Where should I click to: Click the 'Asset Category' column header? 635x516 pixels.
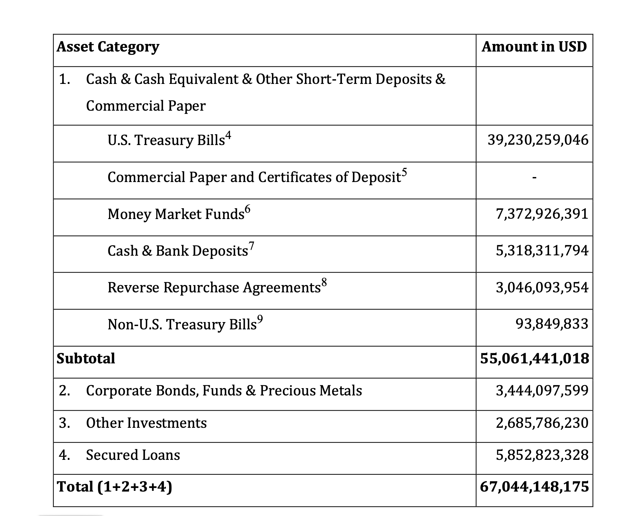pos(108,47)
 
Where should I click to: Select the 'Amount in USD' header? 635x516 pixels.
pos(534,47)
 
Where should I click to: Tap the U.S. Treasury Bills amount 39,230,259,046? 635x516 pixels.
pos(538,140)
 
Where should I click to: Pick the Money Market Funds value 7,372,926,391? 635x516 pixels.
pos(542,214)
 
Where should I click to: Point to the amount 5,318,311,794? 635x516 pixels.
pos(542,251)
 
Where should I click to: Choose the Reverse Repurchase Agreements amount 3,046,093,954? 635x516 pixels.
pos(542,287)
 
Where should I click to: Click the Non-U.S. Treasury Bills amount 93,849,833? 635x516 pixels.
pos(552,324)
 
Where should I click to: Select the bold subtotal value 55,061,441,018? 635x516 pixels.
pos(534,359)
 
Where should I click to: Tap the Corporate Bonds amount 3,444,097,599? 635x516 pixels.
pos(542,391)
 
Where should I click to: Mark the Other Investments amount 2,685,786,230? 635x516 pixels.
pos(542,423)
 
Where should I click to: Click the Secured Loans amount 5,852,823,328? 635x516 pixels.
pos(542,455)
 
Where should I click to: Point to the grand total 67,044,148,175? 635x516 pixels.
pos(534,487)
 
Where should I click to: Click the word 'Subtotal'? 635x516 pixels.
pos(86,359)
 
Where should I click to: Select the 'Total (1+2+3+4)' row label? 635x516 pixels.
pos(114,487)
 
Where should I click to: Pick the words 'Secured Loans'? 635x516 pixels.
pos(133,455)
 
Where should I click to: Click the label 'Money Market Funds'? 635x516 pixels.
pos(176,214)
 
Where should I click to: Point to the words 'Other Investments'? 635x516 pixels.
pos(146,423)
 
